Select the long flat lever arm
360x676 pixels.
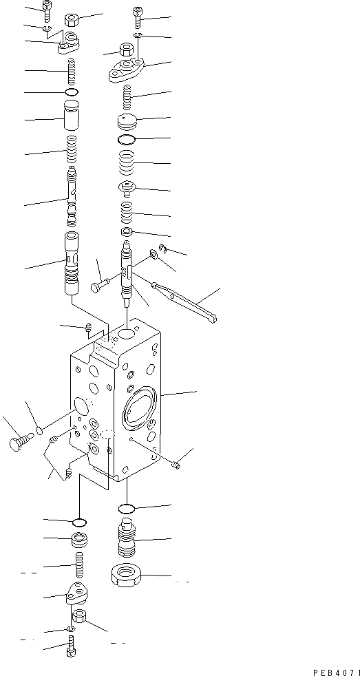tap(185, 302)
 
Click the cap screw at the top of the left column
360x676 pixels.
tap(46, 12)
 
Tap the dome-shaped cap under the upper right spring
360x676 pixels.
tap(127, 123)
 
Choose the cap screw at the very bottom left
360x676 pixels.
tap(72, 647)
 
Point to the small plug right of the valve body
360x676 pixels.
tap(177, 465)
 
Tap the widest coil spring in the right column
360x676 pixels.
tap(127, 165)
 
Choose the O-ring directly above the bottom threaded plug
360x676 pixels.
tap(127, 509)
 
